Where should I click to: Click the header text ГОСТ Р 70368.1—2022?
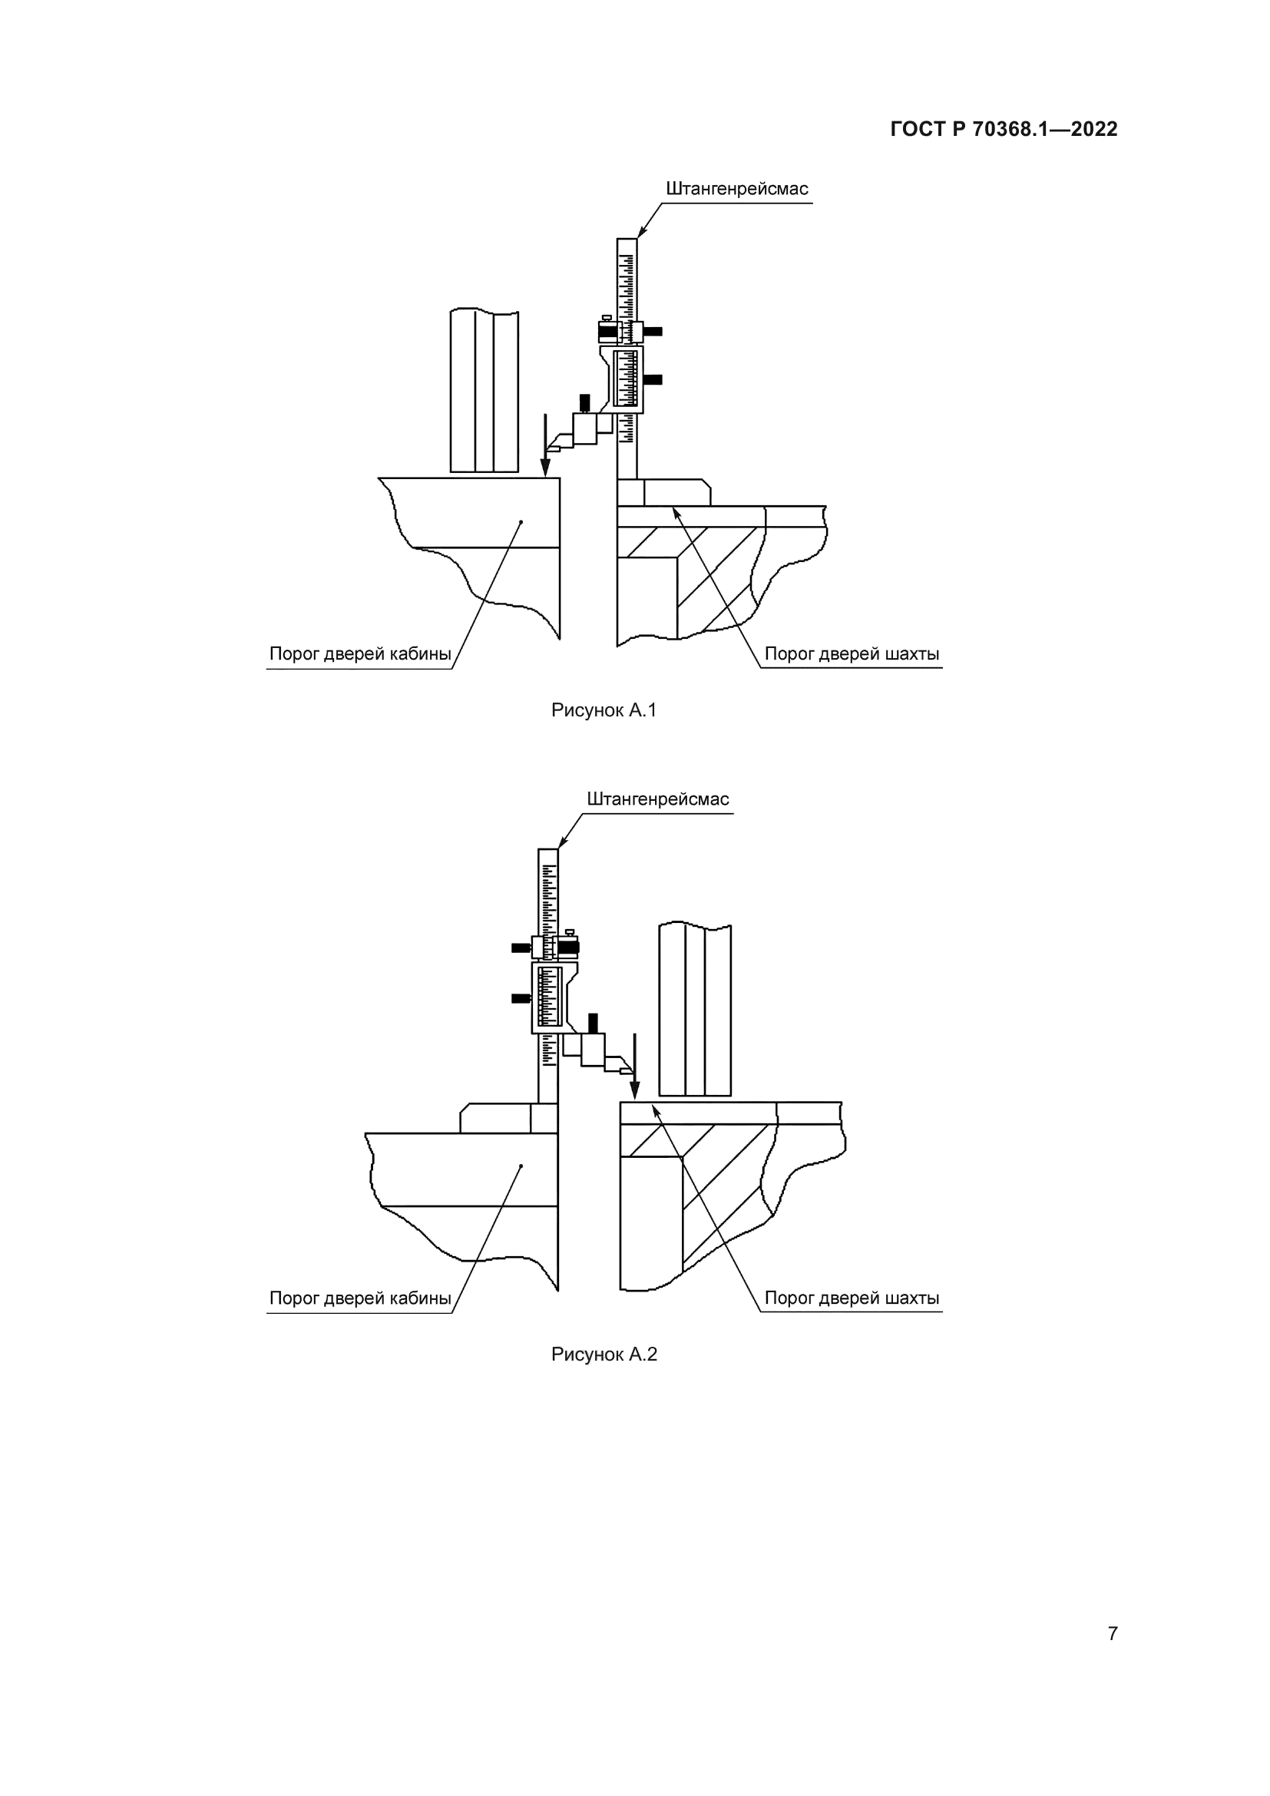click(1004, 129)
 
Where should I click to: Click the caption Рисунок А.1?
click(604, 710)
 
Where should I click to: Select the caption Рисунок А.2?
click(604, 1354)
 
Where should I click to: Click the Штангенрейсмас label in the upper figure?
click(736, 189)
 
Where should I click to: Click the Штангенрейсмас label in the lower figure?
click(658, 799)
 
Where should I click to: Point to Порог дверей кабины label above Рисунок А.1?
click(361, 653)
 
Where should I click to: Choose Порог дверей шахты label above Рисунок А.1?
click(852, 653)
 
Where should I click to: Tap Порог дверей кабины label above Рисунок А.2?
click(361, 1298)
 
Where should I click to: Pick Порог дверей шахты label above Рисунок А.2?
click(852, 1298)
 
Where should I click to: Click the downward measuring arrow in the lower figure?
click(635, 1067)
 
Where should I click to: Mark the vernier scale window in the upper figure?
click(627, 379)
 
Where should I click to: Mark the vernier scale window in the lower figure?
click(550, 997)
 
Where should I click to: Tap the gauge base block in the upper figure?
click(664, 492)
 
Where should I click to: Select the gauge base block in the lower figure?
click(508, 1118)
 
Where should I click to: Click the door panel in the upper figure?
click(484, 391)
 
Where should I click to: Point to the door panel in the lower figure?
click(695, 1009)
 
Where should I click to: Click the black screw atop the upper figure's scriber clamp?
click(584, 404)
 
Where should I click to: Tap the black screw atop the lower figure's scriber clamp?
click(593, 1023)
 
